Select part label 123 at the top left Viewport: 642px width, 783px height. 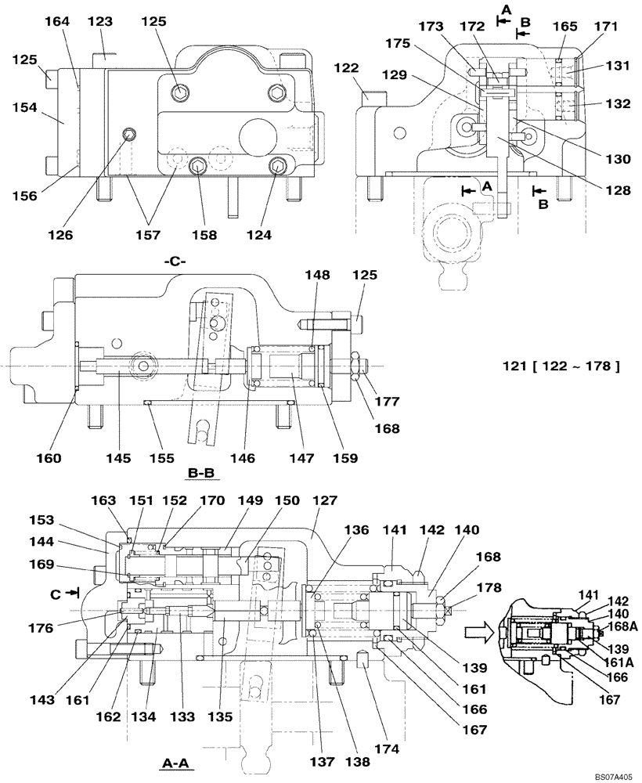coord(99,22)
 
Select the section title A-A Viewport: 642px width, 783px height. coord(176,762)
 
